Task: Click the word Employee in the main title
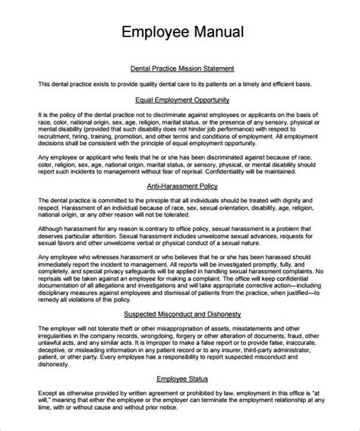pyautogui.click(x=155, y=33)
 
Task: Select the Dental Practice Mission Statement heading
pyautogui.click(x=182, y=68)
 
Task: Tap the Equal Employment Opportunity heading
pyautogui.click(x=182, y=100)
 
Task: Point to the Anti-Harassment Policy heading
pyautogui.click(x=182, y=185)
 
